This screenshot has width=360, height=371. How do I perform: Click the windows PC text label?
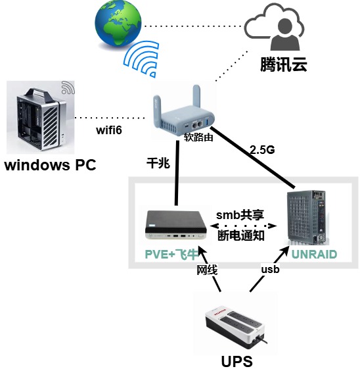pos(51,164)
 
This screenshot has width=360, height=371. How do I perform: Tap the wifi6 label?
pos(109,130)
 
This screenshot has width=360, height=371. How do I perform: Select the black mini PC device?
pos(175,226)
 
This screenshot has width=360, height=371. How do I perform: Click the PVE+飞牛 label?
pos(173,254)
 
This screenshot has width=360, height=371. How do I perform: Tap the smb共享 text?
pos(241,216)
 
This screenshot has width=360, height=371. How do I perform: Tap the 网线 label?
pos(206,270)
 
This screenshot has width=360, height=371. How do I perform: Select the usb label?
pos(270,270)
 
